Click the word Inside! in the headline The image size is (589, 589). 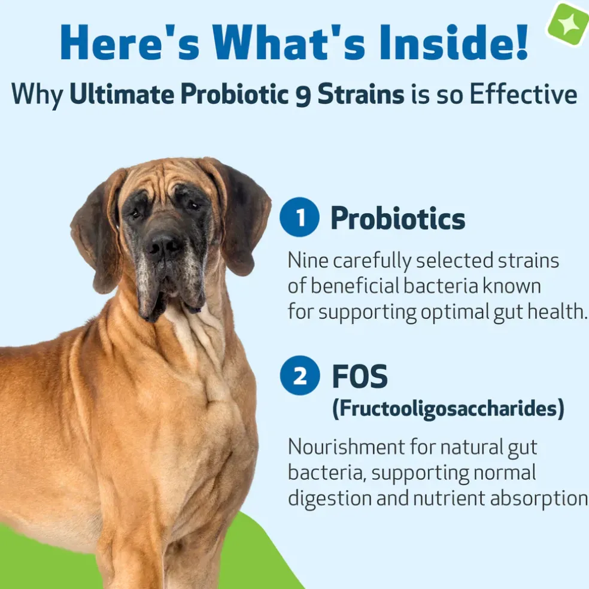point(454,42)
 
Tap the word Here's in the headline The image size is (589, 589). point(130,42)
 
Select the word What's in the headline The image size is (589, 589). point(289,42)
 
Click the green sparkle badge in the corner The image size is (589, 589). point(567,24)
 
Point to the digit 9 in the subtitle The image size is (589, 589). point(304,95)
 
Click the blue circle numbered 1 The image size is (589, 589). point(299,217)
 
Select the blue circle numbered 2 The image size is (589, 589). point(300,375)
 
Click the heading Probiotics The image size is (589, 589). point(398,218)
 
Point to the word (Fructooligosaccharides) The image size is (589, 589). point(448,408)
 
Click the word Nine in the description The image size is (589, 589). point(308,260)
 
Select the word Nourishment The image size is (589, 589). point(345,447)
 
